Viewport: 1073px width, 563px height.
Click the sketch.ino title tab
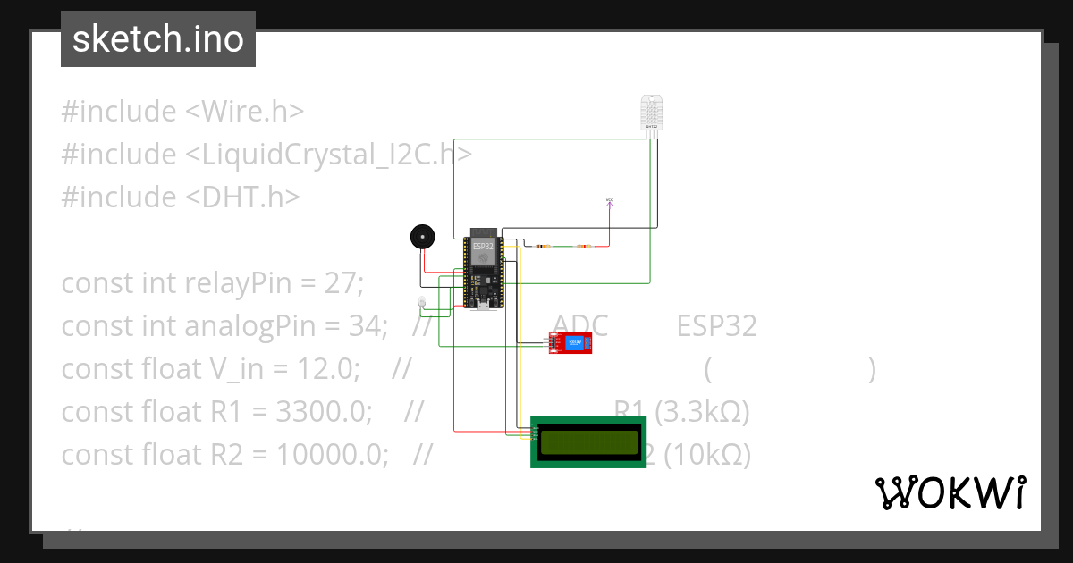click(158, 39)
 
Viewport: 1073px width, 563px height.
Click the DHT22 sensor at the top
click(652, 112)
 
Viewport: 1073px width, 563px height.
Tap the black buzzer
click(421, 236)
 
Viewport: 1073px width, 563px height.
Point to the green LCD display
click(588, 441)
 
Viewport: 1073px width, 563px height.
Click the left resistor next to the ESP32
click(542, 246)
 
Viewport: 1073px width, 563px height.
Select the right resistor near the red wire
click(585, 246)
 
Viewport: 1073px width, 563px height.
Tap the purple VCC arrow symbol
click(610, 203)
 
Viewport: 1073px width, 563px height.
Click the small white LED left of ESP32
click(422, 302)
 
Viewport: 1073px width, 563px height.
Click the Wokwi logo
click(950, 492)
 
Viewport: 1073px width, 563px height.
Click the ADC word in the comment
click(580, 326)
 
